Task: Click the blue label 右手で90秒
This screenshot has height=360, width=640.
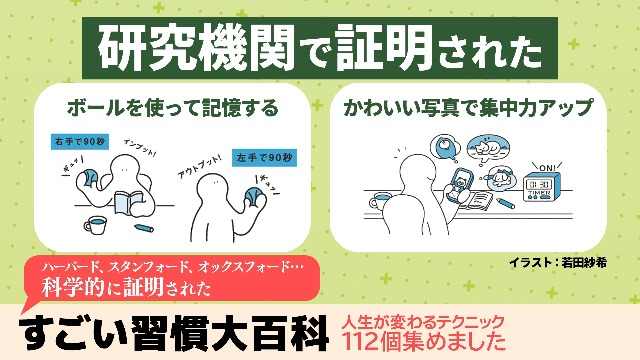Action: (75, 143)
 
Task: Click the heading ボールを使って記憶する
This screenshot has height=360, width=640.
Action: (171, 105)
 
